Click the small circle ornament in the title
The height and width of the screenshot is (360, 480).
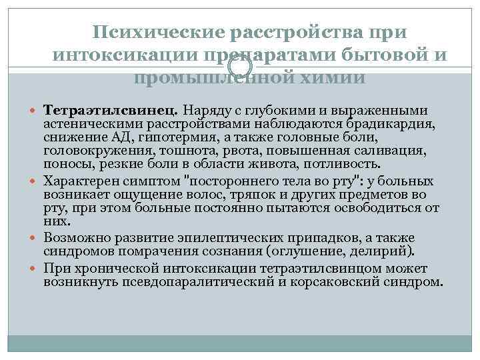pyautogui.click(x=239, y=64)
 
